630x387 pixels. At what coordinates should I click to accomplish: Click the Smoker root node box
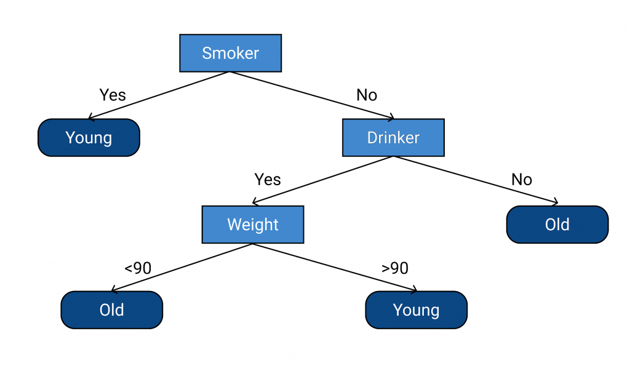point(230,53)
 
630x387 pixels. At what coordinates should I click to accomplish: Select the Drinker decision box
point(393,137)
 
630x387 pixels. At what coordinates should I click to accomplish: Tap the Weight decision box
point(253,225)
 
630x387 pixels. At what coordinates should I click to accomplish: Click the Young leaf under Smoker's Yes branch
point(89,137)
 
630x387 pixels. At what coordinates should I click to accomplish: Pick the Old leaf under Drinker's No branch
point(557,225)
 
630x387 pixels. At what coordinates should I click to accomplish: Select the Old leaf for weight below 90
point(112,309)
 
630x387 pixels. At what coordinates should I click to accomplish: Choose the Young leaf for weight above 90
point(417,309)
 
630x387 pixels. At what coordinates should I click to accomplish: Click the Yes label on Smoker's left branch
point(113,95)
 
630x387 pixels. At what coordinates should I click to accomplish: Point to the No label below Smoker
point(367,95)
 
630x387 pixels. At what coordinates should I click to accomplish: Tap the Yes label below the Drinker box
point(268,179)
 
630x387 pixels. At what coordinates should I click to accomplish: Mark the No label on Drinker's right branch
point(522,179)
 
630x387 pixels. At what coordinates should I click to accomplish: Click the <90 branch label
point(138,268)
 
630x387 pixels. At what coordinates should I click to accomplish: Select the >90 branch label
point(395,268)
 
